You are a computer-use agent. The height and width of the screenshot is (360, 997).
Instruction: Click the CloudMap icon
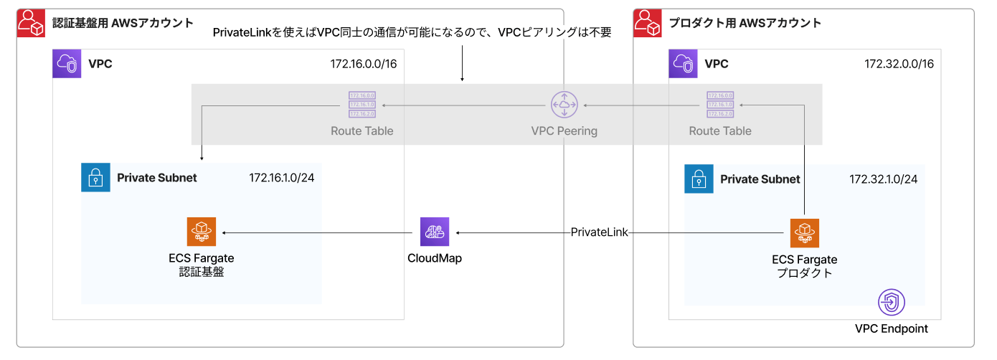435,232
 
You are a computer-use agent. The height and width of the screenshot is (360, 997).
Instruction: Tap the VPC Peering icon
564,105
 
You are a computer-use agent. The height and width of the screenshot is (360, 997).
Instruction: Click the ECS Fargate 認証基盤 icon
201,232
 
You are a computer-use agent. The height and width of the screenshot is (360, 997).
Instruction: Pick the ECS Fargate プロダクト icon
805,232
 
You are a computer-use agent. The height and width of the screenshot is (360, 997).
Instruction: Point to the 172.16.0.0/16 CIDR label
364,64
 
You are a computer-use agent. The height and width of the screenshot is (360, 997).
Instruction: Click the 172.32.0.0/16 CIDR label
899,64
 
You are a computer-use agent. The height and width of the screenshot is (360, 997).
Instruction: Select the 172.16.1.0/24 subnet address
282,178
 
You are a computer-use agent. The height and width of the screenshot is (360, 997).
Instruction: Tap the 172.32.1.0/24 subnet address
884,179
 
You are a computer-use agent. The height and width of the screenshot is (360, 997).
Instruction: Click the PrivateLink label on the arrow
600,232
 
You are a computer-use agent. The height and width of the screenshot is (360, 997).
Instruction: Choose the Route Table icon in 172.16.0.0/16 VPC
362,105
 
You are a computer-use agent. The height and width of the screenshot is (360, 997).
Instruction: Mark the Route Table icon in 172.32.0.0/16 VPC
720,105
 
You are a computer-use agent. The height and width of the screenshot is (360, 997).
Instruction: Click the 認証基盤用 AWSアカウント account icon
31,23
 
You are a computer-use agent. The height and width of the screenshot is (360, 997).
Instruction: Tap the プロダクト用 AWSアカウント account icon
648,23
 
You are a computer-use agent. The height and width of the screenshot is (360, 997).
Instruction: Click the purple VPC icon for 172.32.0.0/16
683,64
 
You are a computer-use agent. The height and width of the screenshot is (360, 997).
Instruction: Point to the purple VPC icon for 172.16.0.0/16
67,64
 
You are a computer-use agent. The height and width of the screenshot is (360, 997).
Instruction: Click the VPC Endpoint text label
892,328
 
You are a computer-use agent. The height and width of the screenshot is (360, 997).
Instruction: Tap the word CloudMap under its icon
435,258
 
